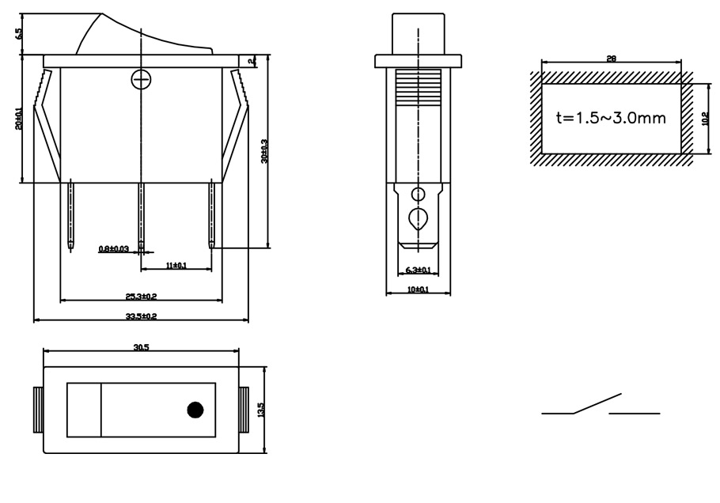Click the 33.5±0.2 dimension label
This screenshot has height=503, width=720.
tap(140, 316)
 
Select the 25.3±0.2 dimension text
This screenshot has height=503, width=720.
tap(141, 297)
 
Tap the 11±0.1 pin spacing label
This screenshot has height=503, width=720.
tap(176, 266)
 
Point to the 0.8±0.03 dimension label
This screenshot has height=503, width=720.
tap(114, 249)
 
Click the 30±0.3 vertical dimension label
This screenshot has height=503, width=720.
tap(264, 150)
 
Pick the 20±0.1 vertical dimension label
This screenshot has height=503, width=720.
tap(19, 118)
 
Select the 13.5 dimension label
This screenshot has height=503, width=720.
tap(262, 410)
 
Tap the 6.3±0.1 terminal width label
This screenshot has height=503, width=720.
tap(418, 270)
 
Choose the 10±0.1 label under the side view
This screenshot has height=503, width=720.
tap(418, 289)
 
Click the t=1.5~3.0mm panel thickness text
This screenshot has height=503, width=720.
tap(611, 119)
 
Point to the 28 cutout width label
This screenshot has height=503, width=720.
tap(611, 59)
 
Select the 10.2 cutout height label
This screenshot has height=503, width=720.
tap(706, 119)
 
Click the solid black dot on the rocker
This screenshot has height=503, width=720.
tap(194, 410)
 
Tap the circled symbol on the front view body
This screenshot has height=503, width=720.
tap(140, 80)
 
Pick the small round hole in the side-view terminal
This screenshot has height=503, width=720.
tap(418, 194)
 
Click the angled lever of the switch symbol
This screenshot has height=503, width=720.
tap(597, 403)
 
